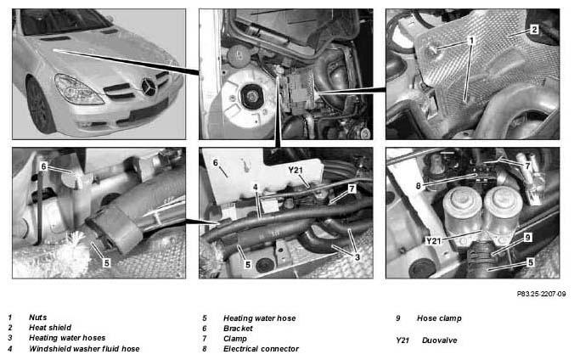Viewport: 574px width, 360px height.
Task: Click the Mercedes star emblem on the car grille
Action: (x=149, y=87)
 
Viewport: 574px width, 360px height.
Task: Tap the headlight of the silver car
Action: (x=78, y=89)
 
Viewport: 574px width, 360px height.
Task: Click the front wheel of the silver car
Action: (x=40, y=105)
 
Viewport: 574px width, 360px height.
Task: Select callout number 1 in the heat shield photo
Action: (x=471, y=40)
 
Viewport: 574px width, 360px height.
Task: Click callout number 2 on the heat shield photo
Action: (x=534, y=30)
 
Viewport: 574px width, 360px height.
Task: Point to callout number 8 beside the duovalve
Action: (x=419, y=186)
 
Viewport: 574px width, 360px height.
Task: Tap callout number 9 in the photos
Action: (x=527, y=238)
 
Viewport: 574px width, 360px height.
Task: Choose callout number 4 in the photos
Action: (x=256, y=188)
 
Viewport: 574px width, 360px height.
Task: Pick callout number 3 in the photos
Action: (x=357, y=257)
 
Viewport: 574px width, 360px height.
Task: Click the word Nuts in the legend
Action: (x=37, y=318)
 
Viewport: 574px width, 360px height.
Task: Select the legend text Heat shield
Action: (x=50, y=328)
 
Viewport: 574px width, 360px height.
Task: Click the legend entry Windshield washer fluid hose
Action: (x=84, y=349)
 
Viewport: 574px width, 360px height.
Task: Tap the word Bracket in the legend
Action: (x=238, y=328)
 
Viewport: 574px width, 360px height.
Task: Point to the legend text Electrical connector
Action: (x=261, y=349)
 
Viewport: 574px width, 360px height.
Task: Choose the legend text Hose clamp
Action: (x=439, y=318)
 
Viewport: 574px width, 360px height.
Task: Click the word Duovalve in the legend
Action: (x=440, y=340)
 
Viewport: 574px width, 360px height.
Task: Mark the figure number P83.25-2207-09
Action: (x=541, y=294)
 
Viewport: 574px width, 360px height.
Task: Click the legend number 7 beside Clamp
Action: (x=205, y=339)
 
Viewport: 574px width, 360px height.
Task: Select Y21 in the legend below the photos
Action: (x=402, y=340)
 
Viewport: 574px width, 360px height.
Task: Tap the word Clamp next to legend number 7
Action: (x=235, y=339)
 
